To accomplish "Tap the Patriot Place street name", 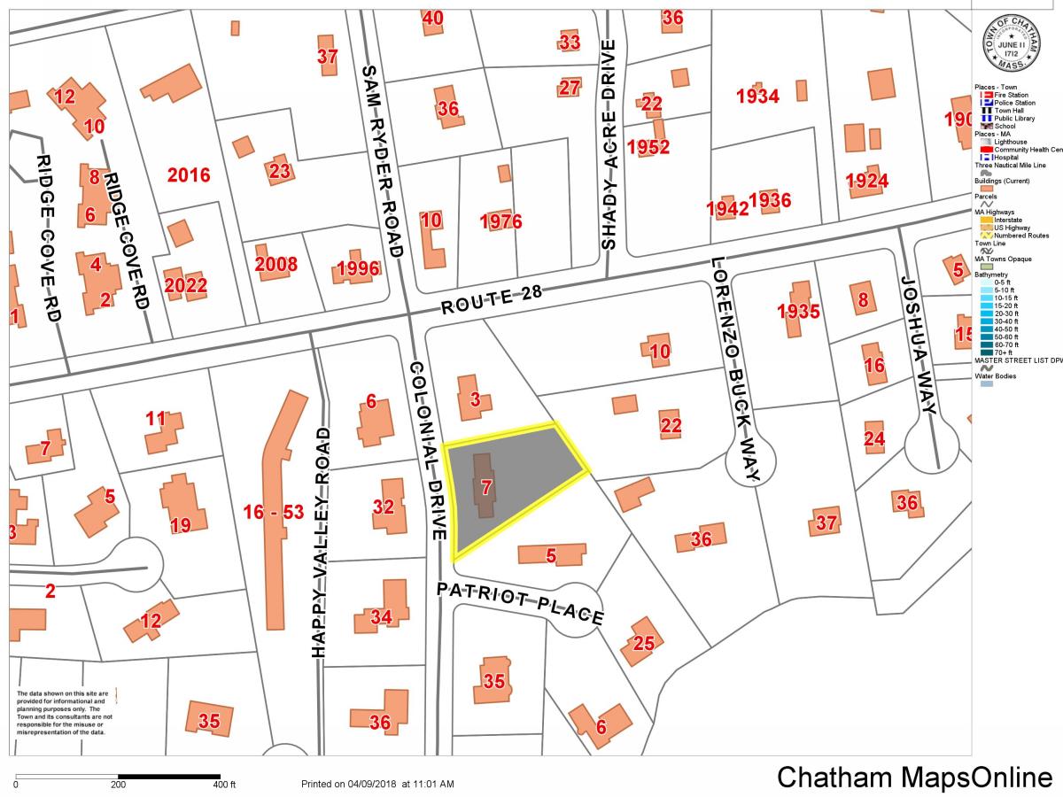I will point(520,602).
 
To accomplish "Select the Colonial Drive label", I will point(427,451).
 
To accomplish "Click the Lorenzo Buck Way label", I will point(734,370).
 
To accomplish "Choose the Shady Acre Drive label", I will point(609,145).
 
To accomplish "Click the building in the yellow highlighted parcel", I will point(484,485).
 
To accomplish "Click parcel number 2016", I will point(190,174).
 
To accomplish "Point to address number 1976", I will point(501,221).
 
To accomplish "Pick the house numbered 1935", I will point(799,310).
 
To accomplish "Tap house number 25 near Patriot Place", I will point(642,643).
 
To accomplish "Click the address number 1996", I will point(358,269).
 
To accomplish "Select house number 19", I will point(181,524).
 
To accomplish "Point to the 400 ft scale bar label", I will point(224,785).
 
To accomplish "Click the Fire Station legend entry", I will point(1010,95).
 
